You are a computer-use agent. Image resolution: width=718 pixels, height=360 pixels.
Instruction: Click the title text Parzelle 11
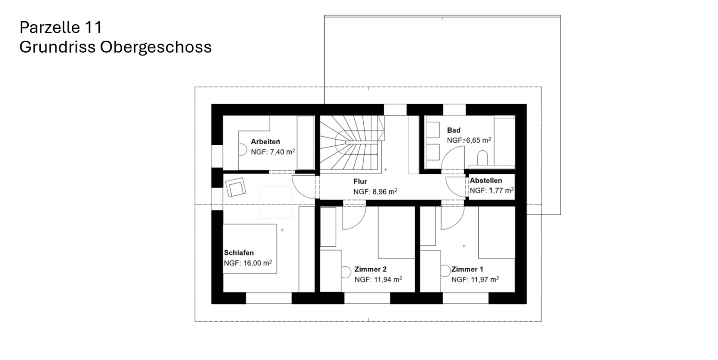point(61,28)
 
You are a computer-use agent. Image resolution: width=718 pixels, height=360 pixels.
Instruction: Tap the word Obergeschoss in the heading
point(156,47)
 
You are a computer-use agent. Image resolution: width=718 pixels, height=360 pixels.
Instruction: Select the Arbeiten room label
point(265,142)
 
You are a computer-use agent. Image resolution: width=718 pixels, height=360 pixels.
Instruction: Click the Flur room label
point(360,181)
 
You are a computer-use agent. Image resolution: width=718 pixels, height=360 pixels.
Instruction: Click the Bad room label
point(454,130)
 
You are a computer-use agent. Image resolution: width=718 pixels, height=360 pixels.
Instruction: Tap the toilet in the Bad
point(482,158)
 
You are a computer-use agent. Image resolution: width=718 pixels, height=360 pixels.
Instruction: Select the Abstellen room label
point(485,181)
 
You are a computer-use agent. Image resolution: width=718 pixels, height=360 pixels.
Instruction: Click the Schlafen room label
point(239,253)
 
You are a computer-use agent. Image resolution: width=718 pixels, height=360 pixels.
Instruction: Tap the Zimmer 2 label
point(370,270)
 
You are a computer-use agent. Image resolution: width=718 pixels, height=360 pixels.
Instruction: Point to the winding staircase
point(351,144)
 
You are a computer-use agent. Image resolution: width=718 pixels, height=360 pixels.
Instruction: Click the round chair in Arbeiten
point(242,150)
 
